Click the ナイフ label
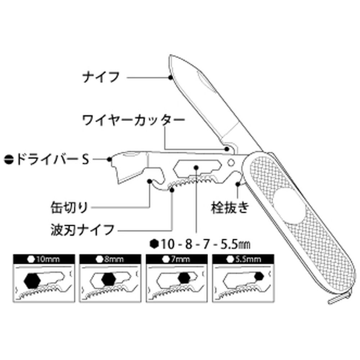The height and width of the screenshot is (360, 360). (101, 77)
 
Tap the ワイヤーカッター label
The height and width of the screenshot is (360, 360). (134, 120)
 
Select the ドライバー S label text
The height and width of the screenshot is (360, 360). (52, 159)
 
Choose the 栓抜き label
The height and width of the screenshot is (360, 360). (230, 207)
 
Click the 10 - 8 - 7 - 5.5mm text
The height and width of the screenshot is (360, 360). (206, 244)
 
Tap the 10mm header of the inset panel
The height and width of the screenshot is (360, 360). (44, 259)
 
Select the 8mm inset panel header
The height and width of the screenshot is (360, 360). (111, 259)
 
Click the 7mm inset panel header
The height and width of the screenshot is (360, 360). (177, 259)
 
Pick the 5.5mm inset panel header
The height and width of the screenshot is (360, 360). (243, 259)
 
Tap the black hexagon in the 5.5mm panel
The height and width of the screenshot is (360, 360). (259, 276)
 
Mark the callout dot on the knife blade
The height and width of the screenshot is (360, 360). (170, 78)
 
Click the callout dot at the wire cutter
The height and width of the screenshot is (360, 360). (227, 149)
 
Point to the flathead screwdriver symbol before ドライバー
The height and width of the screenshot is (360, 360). (9, 159)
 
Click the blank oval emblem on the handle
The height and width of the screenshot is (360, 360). (290, 206)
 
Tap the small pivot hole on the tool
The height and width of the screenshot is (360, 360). (231, 163)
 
